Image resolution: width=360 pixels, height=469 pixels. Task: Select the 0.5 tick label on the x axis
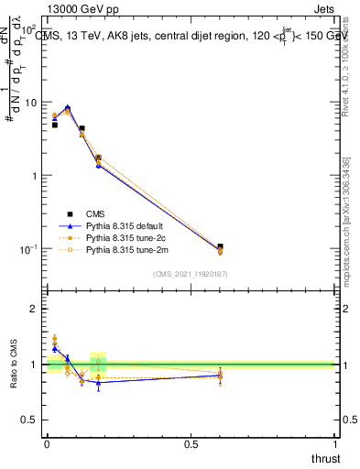click(x=191, y=444)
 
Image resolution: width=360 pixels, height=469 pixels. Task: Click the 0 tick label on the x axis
click(x=47, y=444)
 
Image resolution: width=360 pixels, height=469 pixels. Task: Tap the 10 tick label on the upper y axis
click(x=30, y=103)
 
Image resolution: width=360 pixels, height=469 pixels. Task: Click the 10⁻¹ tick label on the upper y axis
click(x=27, y=249)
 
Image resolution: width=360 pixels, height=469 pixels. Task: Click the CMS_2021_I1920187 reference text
click(x=191, y=274)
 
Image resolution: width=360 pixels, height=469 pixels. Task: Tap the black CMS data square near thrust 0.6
click(x=220, y=247)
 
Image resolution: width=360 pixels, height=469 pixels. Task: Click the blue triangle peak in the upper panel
click(x=67, y=107)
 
